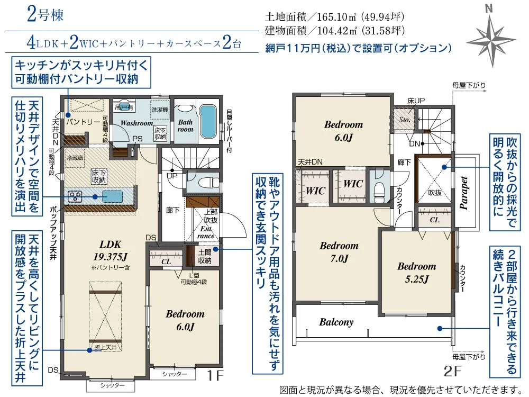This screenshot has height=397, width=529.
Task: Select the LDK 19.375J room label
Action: tap(111, 250)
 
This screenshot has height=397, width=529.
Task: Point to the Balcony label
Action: tap(336, 322)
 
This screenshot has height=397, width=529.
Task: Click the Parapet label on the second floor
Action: tap(464, 194)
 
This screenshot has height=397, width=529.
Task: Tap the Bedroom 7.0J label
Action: tap(339, 252)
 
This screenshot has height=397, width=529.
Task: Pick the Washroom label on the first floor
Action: tap(136, 123)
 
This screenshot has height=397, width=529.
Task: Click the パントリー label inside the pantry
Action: tap(83, 122)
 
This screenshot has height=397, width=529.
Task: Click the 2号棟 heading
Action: tap(45, 15)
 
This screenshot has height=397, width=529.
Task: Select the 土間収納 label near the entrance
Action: tap(205, 256)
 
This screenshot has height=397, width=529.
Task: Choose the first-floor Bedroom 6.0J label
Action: tap(185, 320)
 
